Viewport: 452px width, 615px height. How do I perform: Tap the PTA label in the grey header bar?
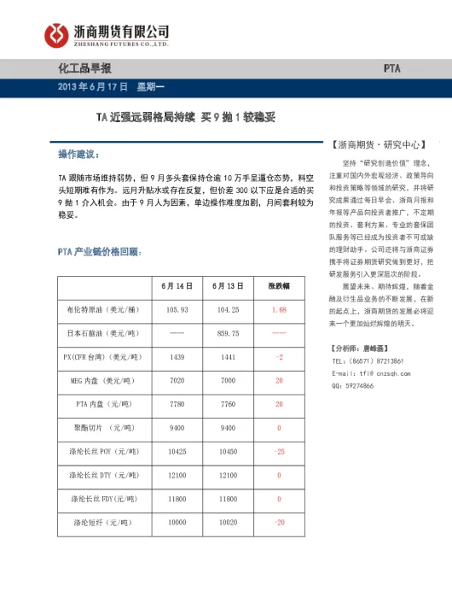(x=391, y=67)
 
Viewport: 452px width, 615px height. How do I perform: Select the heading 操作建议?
(x=78, y=155)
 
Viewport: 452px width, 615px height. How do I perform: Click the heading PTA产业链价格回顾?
(x=99, y=252)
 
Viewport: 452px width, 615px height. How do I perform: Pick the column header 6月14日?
(x=177, y=285)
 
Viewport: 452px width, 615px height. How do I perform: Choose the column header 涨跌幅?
(x=279, y=285)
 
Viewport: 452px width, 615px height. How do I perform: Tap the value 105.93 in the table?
(x=177, y=309)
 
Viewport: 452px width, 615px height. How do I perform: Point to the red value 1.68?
(x=279, y=309)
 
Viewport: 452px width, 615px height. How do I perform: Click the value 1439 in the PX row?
(x=177, y=356)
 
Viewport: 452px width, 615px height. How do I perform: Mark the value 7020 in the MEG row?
(x=177, y=380)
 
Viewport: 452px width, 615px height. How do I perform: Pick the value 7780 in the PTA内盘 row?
(x=177, y=403)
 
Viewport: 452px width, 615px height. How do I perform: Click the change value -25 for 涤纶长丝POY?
(x=279, y=450)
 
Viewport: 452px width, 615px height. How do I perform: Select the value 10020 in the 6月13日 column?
(x=229, y=521)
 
